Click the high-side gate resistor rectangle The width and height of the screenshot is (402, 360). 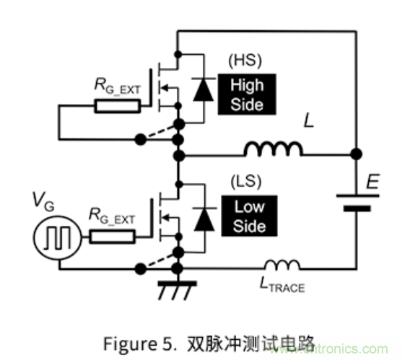117,107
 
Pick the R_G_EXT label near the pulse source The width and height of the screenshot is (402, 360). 115,214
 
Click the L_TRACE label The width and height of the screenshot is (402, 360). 282,286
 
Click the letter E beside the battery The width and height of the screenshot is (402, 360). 372,184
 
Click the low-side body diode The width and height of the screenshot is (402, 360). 206,216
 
